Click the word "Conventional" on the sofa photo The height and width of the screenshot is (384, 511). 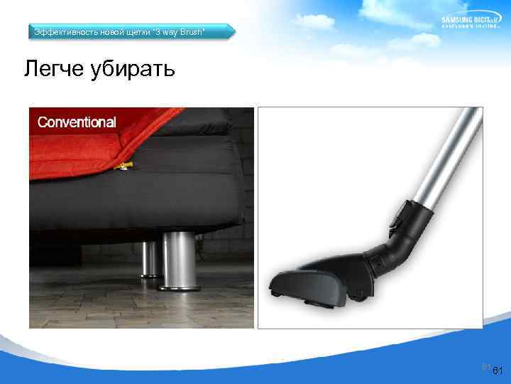tap(77, 122)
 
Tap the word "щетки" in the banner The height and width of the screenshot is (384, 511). tap(139, 32)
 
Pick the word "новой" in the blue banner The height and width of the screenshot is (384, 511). tap(110, 32)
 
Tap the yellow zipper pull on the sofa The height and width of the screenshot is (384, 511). tap(125, 166)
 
